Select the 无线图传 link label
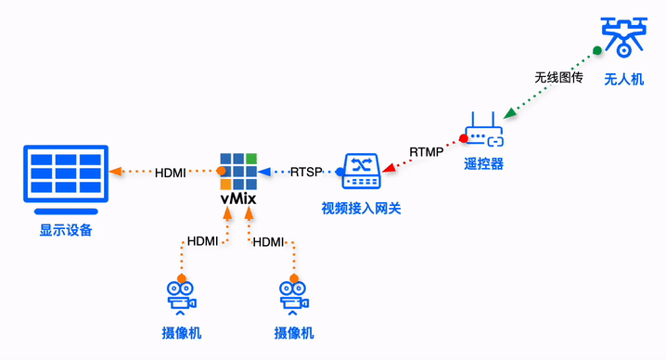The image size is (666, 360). pyautogui.click(x=558, y=77)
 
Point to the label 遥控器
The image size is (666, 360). pyautogui.click(x=482, y=163)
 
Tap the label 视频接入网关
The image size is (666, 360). pyautogui.click(x=362, y=206)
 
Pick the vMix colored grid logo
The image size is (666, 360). pyautogui.click(x=238, y=171)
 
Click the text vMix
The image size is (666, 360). pyautogui.click(x=238, y=199)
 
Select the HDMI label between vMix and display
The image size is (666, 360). pyautogui.click(x=170, y=172)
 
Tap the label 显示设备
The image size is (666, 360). pyautogui.click(x=66, y=229)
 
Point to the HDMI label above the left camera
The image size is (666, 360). pyautogui.click(x=202, y=241)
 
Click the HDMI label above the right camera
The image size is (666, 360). pyautogui.click(x=268, y=241)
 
